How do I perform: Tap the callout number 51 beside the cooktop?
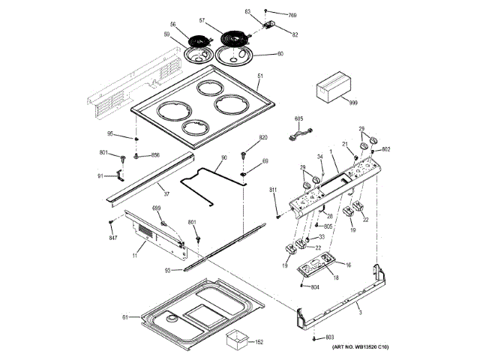click(x=260, y=77)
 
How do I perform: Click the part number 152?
click(x=259, y=342)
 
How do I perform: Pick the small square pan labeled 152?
click(x=238, y=342)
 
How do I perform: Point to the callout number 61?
click(x=125, y=318)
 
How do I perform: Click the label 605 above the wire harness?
click(x=298, y=119)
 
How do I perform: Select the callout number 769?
click(x=293, y=15)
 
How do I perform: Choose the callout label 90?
click(x=223, y=159)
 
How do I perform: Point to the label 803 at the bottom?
click(x=329, y=340)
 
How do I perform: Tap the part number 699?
click(x=157, y=208)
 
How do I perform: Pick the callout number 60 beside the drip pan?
click(x=280, y=53)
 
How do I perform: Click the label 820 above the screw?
click(x=263, y=138)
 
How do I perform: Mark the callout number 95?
click(x=110, y=134)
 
